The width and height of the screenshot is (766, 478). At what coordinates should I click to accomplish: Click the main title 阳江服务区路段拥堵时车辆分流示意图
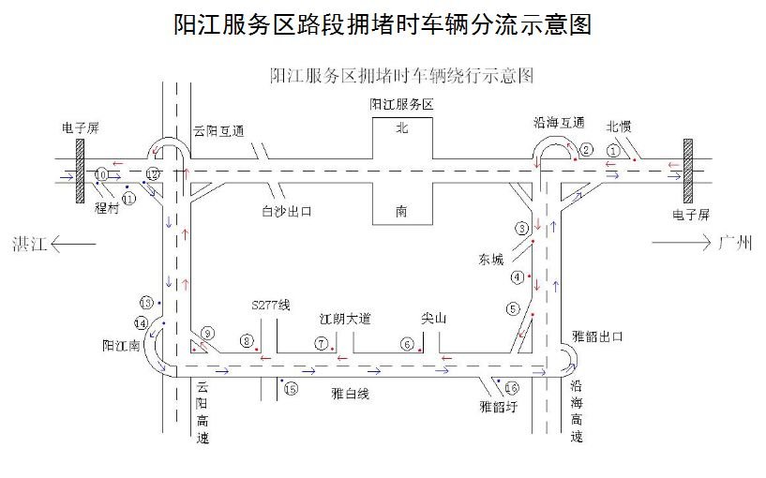383,25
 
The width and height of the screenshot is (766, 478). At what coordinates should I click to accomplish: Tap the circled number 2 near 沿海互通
586,149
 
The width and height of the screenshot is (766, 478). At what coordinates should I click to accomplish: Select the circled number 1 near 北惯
613,149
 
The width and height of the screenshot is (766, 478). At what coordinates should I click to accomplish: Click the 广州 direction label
734,245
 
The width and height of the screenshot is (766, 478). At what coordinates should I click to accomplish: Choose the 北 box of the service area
402,127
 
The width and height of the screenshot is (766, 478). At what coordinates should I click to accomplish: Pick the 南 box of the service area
402,212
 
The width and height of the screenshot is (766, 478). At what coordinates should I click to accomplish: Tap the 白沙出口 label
286,212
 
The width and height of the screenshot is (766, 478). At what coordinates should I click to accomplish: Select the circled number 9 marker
208,333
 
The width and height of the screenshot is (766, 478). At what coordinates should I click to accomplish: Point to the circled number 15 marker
291,389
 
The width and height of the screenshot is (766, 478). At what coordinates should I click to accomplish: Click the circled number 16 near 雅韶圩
511,388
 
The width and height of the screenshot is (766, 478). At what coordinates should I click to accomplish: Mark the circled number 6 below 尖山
407,344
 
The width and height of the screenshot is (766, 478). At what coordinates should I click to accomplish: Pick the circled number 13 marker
145,302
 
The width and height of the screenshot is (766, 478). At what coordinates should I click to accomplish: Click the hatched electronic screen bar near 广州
688,170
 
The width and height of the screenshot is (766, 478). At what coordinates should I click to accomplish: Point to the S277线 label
272,306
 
